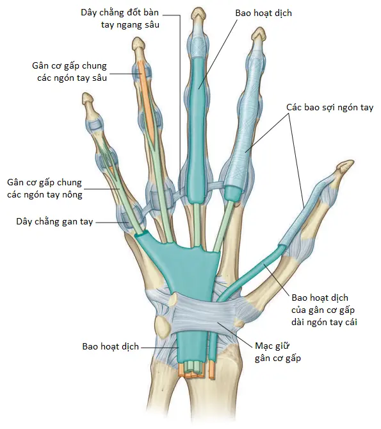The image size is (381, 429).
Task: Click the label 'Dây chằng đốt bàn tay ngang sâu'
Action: pyautogui.click(x=120, y=19)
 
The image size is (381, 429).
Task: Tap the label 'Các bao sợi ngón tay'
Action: pyautogui.click(x=330, y=107)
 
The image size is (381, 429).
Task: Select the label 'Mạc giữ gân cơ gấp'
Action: pyautogui.click(x=277, y=352)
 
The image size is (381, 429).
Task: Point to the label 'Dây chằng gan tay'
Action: pyautogui.click(x=54, y=222)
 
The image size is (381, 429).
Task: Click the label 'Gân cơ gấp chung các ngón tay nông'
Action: pyautogui.click(x=45, y=189)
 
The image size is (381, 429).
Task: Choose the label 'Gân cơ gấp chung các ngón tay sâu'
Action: pyautogui.click(x=69, y=72)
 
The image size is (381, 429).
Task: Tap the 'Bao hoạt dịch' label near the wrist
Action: pyautogui.click(x=111, y=346)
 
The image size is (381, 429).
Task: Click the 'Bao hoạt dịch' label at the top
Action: pyautogui.click(x=264, y=13)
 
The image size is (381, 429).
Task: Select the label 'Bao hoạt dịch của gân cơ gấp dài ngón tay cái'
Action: pyautogui.click(x=324, y=310)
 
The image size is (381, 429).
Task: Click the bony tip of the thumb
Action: pyautogui.click(x=345, y=166)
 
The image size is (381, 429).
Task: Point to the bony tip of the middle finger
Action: pyautogui.click(x=199, y=14)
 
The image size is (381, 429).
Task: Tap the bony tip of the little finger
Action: pyautogui.click(x=88, y=99)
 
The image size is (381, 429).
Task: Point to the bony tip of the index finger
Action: pyautogui.click(x=258, y=35)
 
